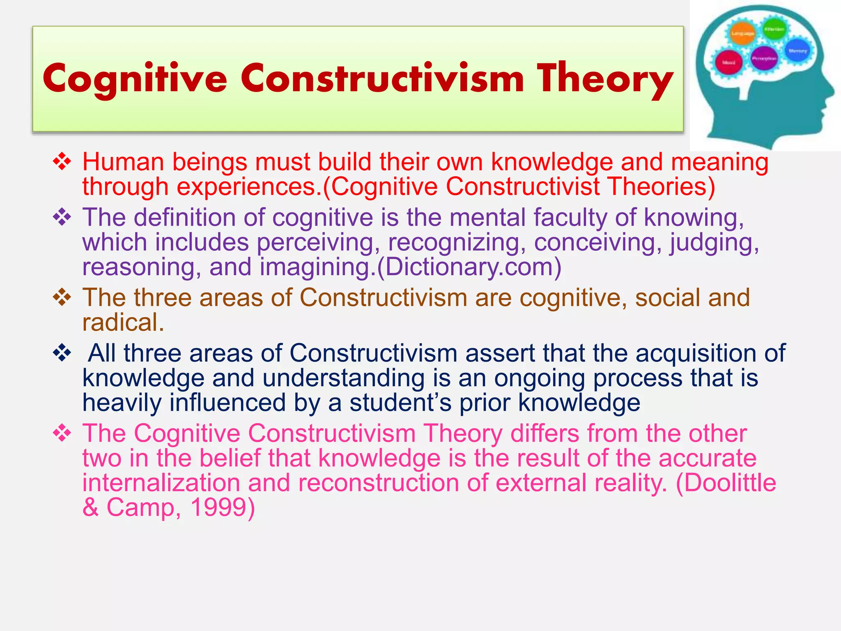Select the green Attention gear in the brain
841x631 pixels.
tap(774, 29)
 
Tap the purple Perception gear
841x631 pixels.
tap(764, 59)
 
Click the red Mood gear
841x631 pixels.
tap(729, 62)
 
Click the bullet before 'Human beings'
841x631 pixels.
tap(62, 162)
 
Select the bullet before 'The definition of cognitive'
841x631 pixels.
tap(62, 217)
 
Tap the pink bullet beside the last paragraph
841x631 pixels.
tap(62, 433)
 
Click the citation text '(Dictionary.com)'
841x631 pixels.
tap(469, 267)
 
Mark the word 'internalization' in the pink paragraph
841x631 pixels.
tap(161, 483)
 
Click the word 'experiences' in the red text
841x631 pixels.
tap(248, 187)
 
